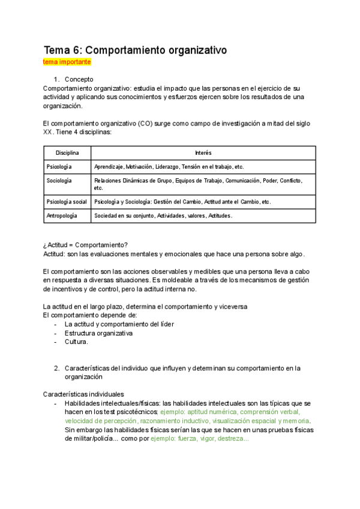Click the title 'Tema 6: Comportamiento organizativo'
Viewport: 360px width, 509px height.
135,50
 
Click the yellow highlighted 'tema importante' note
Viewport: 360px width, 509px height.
67,62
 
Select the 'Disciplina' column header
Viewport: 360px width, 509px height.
67,153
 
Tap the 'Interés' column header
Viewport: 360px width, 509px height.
203,153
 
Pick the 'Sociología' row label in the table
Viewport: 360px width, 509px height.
59,180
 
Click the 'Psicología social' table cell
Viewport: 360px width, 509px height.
67,202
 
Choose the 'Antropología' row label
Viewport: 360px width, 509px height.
62,215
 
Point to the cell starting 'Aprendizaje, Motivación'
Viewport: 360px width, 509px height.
169,166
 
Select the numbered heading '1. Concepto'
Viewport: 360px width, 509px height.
79,79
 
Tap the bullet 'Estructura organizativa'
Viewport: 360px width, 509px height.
98,333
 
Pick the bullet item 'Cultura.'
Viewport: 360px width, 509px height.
76,342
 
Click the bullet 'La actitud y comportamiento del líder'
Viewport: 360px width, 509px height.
119,324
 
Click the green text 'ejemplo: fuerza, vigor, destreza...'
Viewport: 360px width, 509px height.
200,439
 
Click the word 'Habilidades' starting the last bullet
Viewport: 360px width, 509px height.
82,403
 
